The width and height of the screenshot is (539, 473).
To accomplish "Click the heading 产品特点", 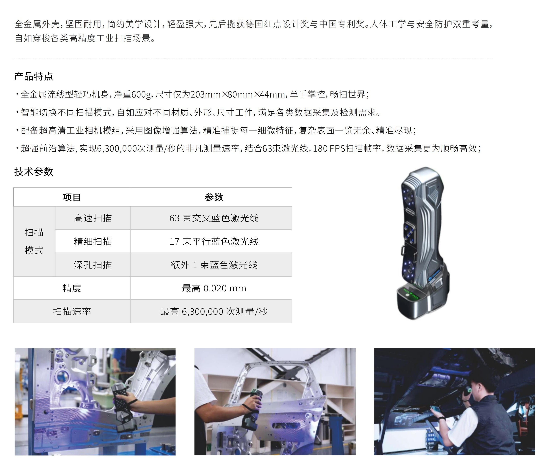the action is [x=34, y=76].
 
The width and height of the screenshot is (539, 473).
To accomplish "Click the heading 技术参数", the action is [x=34, y=172].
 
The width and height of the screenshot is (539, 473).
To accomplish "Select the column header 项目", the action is [x=72, y=197].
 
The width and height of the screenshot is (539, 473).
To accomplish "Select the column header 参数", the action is [x=214, y=197].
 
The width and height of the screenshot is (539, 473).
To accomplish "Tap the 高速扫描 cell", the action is [x=93, y=218].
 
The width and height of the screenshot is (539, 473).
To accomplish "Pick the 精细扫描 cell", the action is [x=93, y=241].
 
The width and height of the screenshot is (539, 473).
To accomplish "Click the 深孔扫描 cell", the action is [x=93, y=265].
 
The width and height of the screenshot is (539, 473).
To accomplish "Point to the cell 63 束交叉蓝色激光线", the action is [x=214, y=218].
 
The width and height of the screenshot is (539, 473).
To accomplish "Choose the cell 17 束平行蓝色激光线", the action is [x=214, y=241].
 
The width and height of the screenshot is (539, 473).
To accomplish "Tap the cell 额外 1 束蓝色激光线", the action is [x=214, y=265].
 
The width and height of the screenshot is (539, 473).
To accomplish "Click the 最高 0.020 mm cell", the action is [x=214, y=288].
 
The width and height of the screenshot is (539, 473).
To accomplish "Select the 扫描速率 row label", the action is [x=72, y=311].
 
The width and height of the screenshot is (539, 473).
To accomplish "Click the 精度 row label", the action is [x=72, y=288].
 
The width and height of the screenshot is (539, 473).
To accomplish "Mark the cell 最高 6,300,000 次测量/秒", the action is [x=214, y=311].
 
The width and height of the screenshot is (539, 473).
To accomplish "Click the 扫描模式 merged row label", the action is [x=34, y=241].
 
